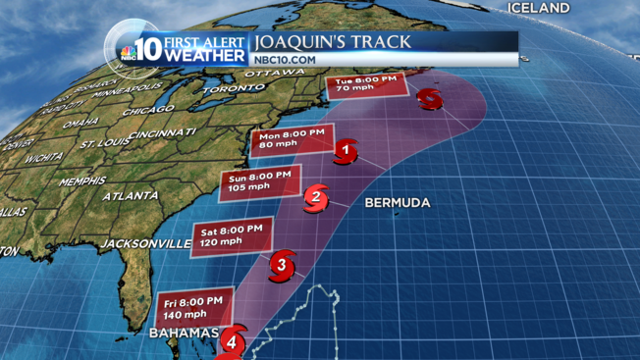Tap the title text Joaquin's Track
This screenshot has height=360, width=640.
tap(333, 42)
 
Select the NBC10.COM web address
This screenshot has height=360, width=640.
tap(286, 60)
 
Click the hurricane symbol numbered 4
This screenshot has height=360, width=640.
tap(232, 342)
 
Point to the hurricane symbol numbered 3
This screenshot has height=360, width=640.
tap(282, 263)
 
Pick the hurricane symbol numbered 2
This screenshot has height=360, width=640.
tap(315, 197)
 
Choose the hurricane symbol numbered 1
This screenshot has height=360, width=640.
tap(345, 151)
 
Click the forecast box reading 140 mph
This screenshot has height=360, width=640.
tap(192, 308)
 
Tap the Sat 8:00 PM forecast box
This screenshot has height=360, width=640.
tap(228, 235)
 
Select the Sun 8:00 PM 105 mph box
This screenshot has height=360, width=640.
tap(258, 180)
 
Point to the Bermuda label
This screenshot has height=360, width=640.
tap(397, 203)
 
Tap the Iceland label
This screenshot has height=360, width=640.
tap(538, 8)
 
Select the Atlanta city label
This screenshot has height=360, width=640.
tap(131, 196)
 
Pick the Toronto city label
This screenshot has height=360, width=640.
tap(234, 88)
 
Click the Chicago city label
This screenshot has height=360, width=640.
tap(148, 111)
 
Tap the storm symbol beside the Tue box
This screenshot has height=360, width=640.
tap(429, 98)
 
